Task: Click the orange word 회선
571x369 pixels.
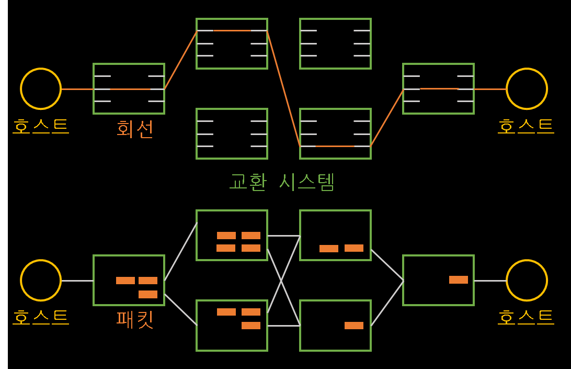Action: [x=135, y=129]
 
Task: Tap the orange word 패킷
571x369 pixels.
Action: [x=135, y=320]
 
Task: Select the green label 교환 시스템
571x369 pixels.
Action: [x=282, y=182]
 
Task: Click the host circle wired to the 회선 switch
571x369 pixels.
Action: [x=41, y=89]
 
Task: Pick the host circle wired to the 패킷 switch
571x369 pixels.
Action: [x=41, y=281]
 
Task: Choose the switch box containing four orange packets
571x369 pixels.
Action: [x=232, y=235]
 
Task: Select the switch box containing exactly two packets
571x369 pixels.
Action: [x=335, y=235]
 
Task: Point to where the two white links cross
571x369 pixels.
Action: [x=282, y=281]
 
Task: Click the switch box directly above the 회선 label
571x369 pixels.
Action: [x=129, y=89]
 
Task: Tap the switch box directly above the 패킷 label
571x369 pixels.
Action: [x=129, y=280]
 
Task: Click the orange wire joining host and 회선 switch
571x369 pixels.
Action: [x=77, y=89]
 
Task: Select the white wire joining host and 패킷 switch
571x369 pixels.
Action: [x=77, y=281]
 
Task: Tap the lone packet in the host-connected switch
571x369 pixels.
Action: [x=458, y=279]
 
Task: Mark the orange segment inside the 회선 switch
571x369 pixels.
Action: [x=130, y=89]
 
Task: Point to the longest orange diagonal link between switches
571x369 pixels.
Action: [x=283, y=88]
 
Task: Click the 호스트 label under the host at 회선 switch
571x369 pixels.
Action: [x=41, y=126]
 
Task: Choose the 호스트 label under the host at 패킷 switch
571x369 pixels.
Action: [x=41, y=317]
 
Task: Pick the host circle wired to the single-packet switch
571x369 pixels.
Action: [x=527, y=281]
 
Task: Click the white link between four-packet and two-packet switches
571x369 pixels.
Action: [x=283, y=236]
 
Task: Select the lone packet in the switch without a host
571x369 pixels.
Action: [x=353, y=326]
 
